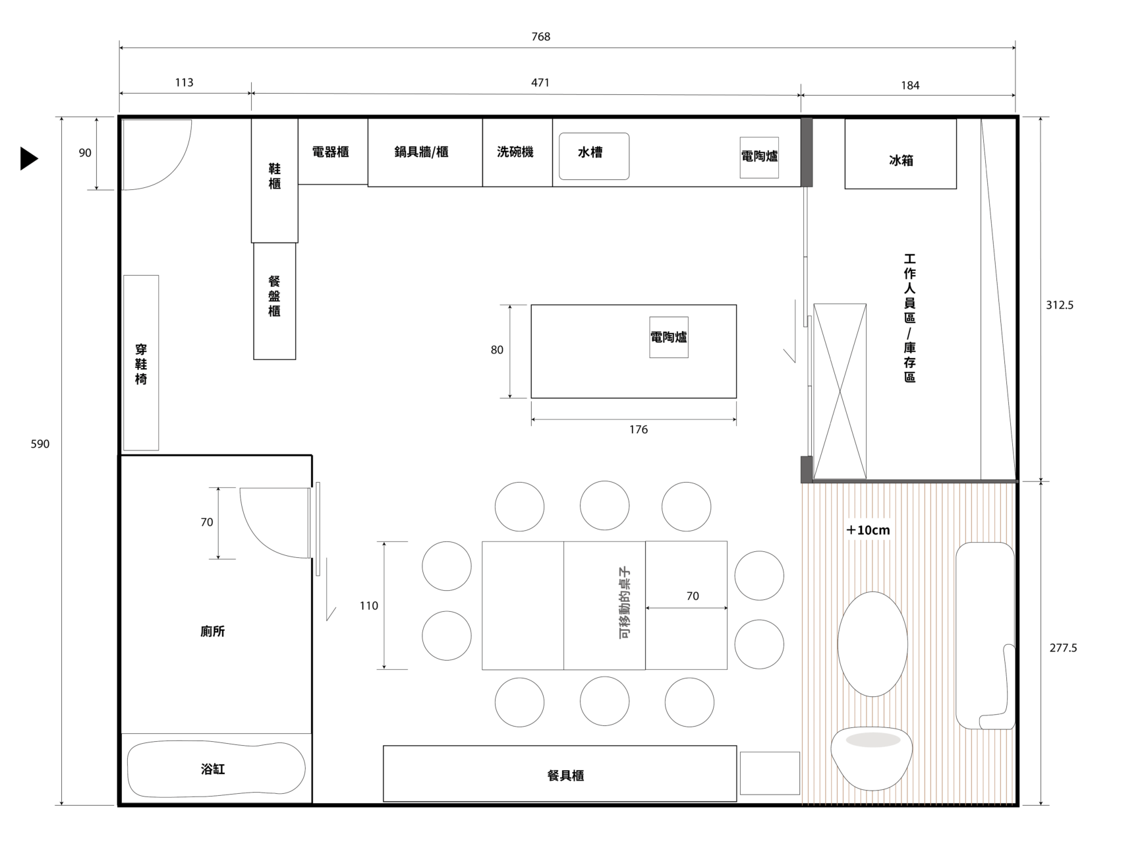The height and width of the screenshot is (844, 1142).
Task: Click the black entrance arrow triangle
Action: tap(28, 158)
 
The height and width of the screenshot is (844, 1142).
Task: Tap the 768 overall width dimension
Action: tap(541, 37)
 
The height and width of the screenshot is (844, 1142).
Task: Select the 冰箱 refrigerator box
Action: tap(900, 154)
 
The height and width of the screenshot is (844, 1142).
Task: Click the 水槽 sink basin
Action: tap(594, 156)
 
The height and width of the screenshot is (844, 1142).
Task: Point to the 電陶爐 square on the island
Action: tap(669, 337)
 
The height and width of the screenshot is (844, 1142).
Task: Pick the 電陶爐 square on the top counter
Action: tap(759, 157)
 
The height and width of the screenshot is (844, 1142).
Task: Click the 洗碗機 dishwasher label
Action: tap(515, 152)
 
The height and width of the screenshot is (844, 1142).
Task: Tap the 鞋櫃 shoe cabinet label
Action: tap(275, 177)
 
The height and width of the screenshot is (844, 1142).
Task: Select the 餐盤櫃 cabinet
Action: tap(275, 301)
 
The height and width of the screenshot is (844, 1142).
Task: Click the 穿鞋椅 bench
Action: tap(141, 363)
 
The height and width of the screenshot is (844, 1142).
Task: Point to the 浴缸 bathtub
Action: tap(216, 769)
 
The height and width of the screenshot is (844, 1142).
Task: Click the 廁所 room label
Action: tap(213, 632)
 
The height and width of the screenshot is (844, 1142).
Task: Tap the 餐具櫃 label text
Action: tap(565, 776)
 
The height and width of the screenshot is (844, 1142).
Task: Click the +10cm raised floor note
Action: tap(868, 530)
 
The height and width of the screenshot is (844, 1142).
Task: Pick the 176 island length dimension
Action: tap(638, 430)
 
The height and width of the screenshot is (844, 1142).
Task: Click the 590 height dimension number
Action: tap(40, 444)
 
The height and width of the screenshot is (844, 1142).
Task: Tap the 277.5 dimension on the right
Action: tap(1063, 648)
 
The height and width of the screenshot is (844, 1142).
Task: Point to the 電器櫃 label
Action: tap(330, 152)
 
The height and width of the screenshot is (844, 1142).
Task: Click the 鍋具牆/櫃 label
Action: tap(422, 152)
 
